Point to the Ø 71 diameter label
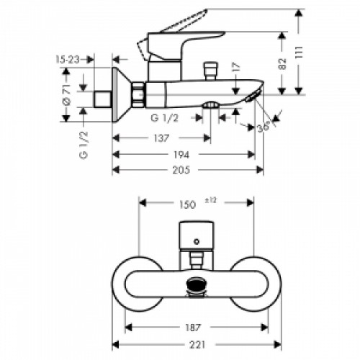coord(66,93)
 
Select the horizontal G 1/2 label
coord(165,117)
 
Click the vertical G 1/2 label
coord(84,145)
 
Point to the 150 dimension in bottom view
coord(186,205)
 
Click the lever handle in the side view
coord(187,27)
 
